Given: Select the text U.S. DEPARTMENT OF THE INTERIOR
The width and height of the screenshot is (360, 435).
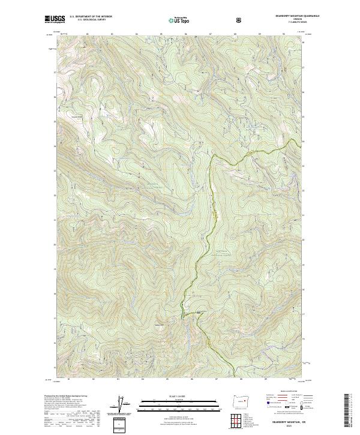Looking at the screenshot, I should coord(91,17).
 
